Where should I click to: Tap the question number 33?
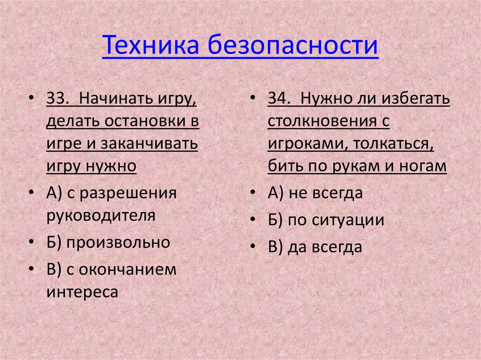tap(58, 99)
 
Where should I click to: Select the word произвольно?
tap(118, 242)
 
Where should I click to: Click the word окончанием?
tap(127, 269)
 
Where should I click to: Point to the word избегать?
tap(416, 99)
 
